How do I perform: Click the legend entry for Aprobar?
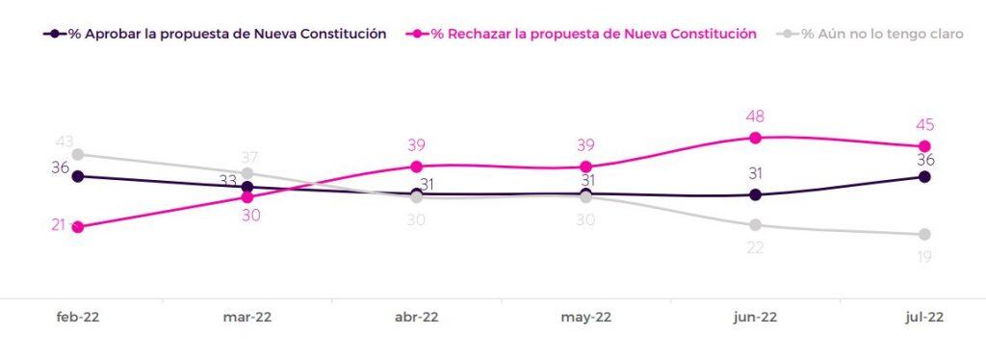tap(215, 34)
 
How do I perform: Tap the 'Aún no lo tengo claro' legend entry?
tap(870, 34)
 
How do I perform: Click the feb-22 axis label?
tap(78, 318)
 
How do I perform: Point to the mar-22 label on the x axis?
tap(247, 318)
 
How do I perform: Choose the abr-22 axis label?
tap(416, 318)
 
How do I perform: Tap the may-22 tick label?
tap(585, 318)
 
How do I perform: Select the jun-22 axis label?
tap(755, 318)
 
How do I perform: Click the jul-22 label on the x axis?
tap(924, 318)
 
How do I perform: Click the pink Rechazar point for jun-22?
tap(755, 138)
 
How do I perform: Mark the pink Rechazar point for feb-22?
tap(78, 227)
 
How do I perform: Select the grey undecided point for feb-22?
tap(78, 155)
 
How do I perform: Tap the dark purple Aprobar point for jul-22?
tap(924, 176)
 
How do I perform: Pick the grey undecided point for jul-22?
tap(924, 234)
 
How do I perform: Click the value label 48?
tap(755, 116)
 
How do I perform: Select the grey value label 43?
tap(65, 142)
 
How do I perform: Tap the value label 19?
tap(924, 256)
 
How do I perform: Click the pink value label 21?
tap(59, 225)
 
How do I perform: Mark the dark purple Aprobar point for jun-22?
tap(755, 194)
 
